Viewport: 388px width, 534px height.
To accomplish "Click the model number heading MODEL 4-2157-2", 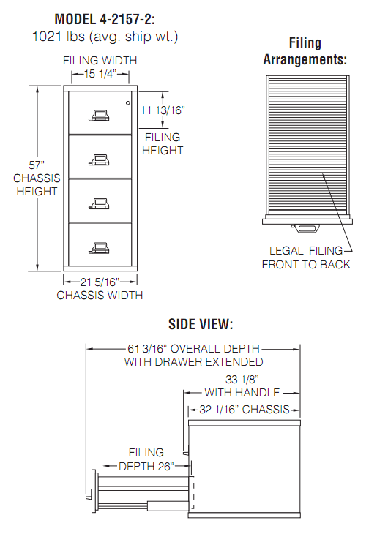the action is click(x=105, y=19).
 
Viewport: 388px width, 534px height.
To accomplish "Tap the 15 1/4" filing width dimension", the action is click(x=100, y=74).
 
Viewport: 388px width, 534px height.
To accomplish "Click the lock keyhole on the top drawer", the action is click(x=128, y=103).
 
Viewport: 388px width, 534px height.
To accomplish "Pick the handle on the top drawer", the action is click(x=100, y=116).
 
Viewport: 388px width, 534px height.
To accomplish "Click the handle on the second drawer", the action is click(x=100, y=159).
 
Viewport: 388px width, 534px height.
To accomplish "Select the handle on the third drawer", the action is click(x=100, y=203).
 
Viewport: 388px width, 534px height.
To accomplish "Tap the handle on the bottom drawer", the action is click(x=100, y=247).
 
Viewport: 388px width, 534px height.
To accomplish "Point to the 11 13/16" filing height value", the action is click(x=163, y=110).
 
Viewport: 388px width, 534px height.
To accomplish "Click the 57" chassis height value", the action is click(x=37, y=165).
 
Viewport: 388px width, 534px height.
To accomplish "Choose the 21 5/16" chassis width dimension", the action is click(x=100, y=282).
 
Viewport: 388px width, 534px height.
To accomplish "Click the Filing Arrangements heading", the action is click(x=305, y=51).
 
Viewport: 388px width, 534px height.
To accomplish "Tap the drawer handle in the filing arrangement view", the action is click(x=306, y=228).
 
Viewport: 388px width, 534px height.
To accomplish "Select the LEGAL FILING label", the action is click(x=306, y=251).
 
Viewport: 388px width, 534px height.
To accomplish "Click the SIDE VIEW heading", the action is click(x=201, y=324).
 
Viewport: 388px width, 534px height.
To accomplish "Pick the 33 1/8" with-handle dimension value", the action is click(x=242, y=380).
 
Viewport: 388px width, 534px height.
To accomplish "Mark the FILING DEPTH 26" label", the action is click(x=146, y=459).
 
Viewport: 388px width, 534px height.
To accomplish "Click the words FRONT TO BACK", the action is click(x=306, y=265).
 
